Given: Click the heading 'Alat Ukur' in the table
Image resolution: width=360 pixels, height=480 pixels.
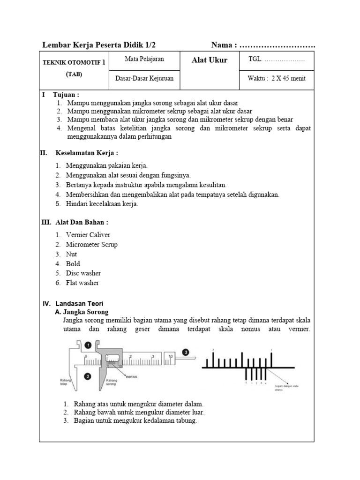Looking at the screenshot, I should (210, 60).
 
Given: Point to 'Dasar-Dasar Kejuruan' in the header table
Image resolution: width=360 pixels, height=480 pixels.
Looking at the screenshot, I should (144, 78).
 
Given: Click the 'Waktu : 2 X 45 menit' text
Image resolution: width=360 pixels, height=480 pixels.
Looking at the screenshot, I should (277, 78).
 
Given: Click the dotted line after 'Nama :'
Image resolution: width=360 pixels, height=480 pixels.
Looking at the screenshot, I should (277, 45).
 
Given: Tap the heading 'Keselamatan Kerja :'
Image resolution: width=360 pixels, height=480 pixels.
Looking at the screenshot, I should (87, 153).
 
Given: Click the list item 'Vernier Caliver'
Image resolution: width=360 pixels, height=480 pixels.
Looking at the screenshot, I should (88, 235).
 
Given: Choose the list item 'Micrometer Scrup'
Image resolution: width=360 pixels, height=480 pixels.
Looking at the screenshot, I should (92, 244).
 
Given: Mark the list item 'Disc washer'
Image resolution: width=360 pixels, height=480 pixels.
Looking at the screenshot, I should (83, 273).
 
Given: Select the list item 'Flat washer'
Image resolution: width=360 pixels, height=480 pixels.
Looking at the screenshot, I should (82, 283).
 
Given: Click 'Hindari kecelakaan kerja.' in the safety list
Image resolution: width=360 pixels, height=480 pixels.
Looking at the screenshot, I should (102, 204).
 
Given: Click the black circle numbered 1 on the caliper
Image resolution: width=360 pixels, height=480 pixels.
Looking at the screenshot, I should (88, 345).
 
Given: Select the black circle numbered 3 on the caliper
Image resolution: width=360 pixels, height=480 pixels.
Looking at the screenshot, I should (186, 352).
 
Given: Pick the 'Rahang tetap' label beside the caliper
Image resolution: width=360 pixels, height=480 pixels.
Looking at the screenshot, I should (66, 382).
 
